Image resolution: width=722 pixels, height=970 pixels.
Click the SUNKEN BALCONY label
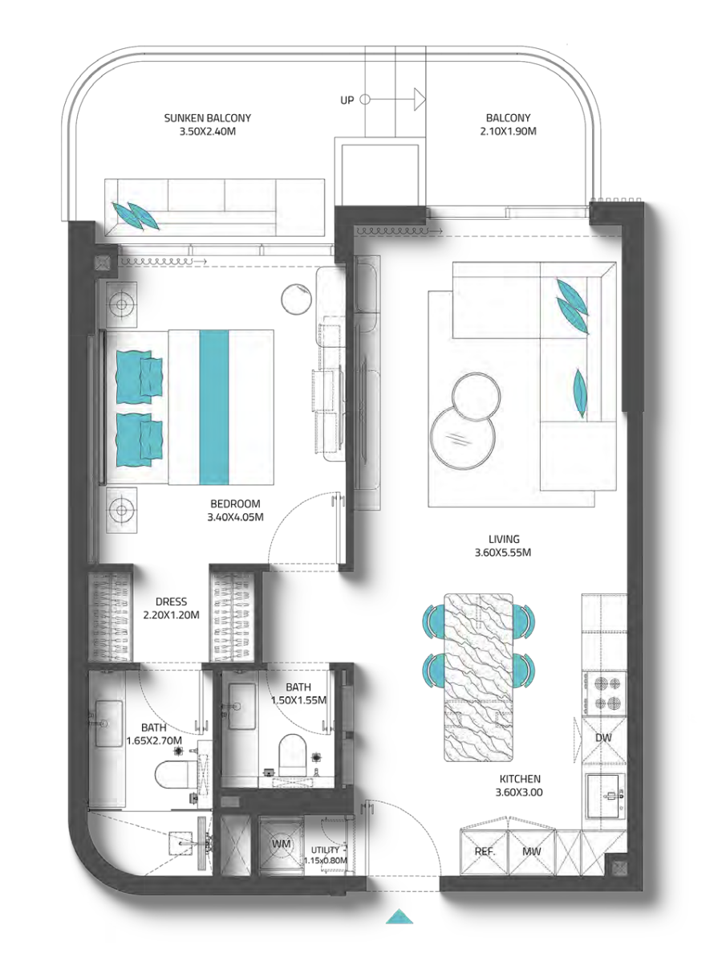click(x=208, y=118)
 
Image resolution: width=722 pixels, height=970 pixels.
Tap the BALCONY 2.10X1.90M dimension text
click(x=509, y=131)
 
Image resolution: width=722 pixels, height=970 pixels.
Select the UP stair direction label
click(x=347, y=100)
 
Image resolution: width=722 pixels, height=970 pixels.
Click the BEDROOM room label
click(x=235, y=503)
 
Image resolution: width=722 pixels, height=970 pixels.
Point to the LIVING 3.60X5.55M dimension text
click(x=503, y=552)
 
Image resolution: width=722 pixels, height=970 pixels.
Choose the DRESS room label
click(x=172, y=601)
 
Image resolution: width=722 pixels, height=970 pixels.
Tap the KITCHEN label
click(x=520, y=779)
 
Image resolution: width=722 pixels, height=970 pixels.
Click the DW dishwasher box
click(x=603, y=739)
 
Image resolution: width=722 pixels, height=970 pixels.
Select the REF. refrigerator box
click(x=485, y=852)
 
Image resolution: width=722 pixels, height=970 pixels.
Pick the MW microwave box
click(x=532, y=852)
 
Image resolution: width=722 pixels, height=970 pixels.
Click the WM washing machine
click(x=281, y=845)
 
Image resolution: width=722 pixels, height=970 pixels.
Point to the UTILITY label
click(x=325, y=850)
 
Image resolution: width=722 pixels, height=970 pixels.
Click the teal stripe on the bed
click(x=214, y=407)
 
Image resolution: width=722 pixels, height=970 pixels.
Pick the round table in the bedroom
click(x=297, y=300)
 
